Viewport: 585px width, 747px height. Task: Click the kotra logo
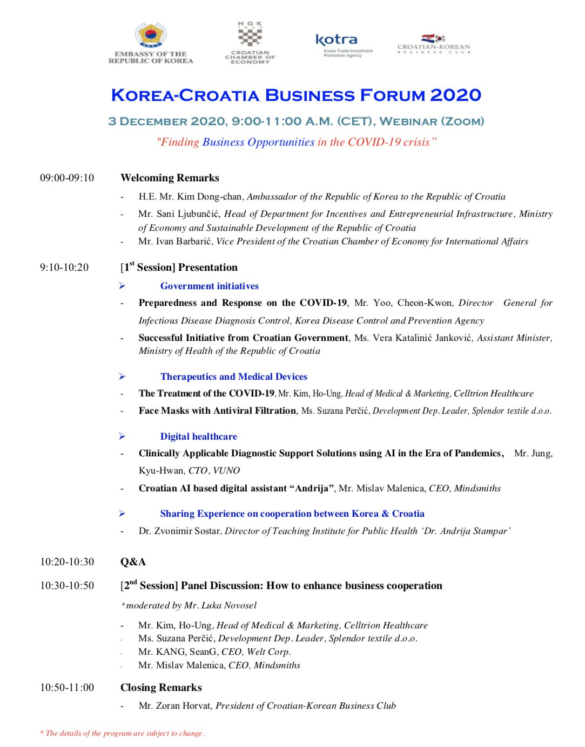point(336,40)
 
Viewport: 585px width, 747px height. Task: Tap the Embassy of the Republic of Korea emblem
point(151,36)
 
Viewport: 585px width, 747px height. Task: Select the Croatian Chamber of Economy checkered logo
point(250,36)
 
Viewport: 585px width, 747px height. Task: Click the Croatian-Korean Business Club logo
point(434,39)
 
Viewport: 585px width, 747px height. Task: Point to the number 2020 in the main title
point(455,95)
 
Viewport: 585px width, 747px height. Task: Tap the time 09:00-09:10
point(67,178)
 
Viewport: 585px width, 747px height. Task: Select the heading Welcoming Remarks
point(170,178)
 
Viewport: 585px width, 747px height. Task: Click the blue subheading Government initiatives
point(209,286)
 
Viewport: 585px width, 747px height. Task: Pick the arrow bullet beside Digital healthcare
point(123,436)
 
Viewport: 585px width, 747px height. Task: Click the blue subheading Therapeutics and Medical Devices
point(233,377)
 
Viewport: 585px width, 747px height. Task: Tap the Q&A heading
point(133,562)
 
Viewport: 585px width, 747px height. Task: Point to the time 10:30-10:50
point(67,586)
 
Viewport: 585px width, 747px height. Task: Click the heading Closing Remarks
point(161,688)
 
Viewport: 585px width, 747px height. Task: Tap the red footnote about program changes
point(123,734)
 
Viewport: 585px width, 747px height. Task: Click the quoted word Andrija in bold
point(312,489)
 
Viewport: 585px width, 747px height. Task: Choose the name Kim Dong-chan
point(210,197)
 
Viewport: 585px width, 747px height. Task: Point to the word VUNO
point(226,471)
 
